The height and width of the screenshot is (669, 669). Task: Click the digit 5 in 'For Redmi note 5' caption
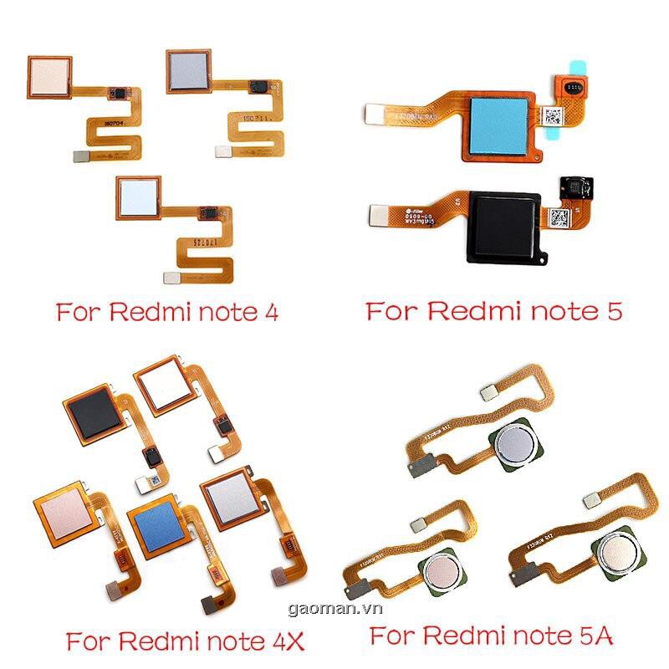tap(613, 313)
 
